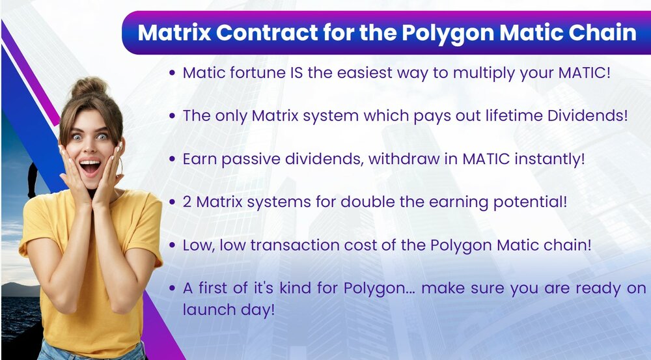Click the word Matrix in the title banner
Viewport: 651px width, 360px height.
(x=174, y=33)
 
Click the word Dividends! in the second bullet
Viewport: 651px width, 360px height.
(x=587, y=115)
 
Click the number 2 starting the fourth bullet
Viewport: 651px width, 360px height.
(x=187, y=202)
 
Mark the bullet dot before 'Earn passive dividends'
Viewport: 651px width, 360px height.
(x=173, y=159)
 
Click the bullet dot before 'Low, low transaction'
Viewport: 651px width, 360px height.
(x=173, y=245)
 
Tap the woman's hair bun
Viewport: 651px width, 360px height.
(x=89, y=87)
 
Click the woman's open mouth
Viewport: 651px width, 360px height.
(x=90, y=167)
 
